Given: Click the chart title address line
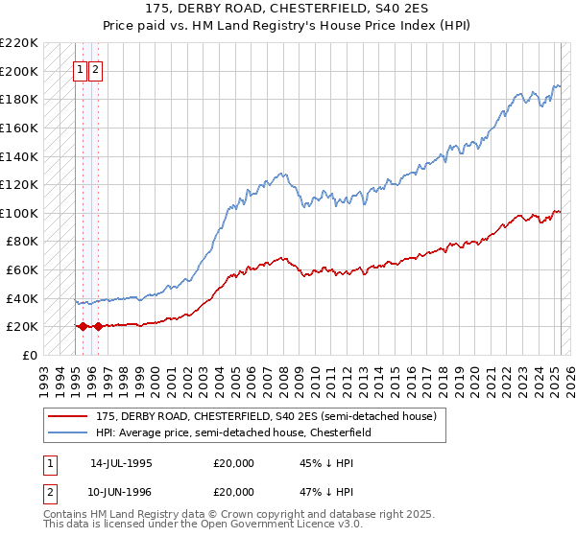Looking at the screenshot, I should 287,9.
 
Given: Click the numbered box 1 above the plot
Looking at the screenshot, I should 82,69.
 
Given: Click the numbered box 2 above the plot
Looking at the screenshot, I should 97,69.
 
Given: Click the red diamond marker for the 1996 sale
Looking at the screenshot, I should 98,327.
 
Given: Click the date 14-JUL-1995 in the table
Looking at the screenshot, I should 121,463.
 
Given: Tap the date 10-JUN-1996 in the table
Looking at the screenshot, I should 121,495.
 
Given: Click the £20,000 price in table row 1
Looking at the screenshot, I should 234,463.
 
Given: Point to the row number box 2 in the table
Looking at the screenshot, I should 49,495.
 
